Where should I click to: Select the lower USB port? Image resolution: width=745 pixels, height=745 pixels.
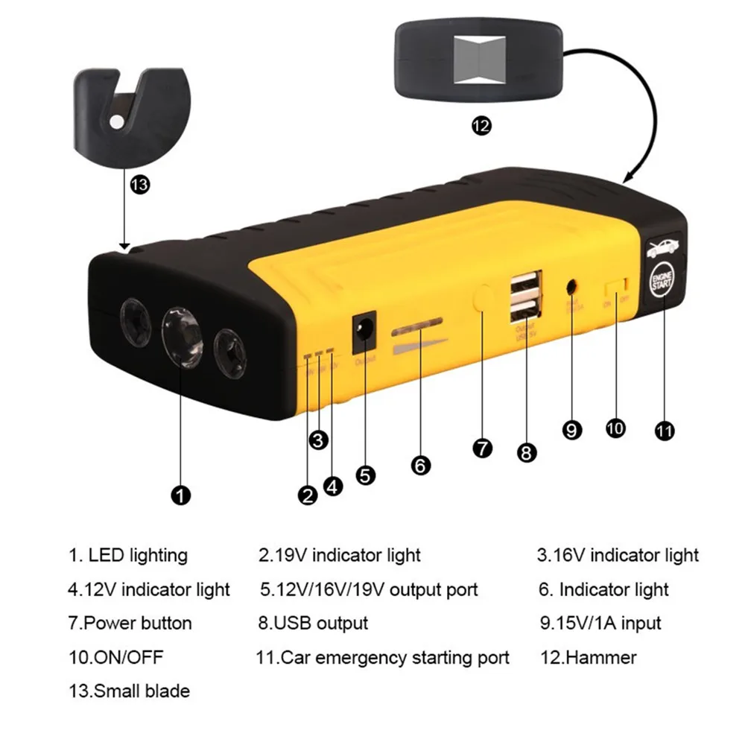coord(525,311)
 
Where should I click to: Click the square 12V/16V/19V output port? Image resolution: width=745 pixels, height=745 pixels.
coord(364,331)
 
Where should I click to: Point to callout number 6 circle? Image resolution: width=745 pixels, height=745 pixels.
coord(420,466)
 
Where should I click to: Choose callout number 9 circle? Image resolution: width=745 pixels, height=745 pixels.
coord(571,430)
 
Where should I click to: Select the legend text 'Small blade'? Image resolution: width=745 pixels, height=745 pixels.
coord(142,691)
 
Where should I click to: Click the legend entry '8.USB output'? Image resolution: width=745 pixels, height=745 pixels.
coord(313,623)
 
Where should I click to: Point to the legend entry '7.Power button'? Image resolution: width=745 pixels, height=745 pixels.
coord(130,623)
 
